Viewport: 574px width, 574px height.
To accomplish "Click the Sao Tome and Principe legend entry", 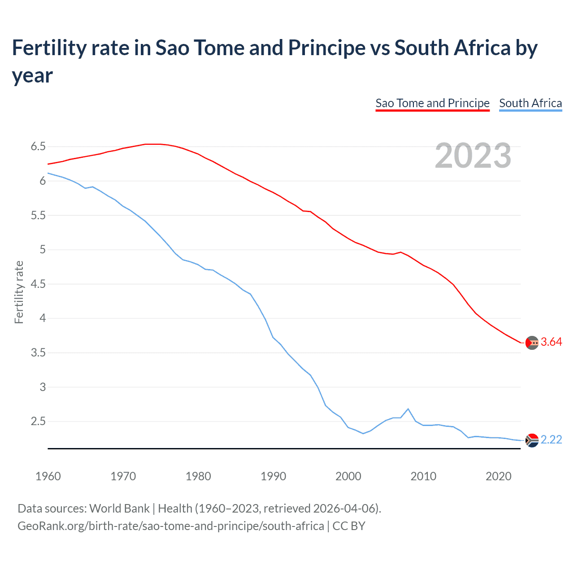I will [x=432, y=103].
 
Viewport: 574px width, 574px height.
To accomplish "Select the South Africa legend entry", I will [x=530, y=103].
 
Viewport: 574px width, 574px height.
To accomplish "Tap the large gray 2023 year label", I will [x=473, y=155].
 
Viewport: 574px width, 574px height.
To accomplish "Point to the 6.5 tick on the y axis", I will [x=38, y=147].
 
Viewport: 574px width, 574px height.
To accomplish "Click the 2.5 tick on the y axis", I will [x=38, y=422].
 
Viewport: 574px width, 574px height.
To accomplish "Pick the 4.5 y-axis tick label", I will [x=38, y=284].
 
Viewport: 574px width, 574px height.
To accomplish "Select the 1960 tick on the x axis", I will [x=48, y=476].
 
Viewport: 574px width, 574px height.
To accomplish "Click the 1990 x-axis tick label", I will [x=273, y=476].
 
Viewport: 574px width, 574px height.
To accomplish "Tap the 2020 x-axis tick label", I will [x=498, y=476].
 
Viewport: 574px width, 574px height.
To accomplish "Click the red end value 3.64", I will [x=551, y=342].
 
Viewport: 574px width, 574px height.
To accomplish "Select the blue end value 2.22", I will [x=551, y=440].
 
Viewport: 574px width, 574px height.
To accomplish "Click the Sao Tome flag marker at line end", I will [x=532, y=343].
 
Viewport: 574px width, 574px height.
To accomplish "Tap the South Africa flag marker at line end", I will [x=532, y=441].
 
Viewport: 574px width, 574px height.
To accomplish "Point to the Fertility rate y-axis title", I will [x=19, y=292].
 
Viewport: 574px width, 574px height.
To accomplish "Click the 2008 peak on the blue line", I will [x=408, y=409].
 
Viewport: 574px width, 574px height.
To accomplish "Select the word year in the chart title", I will [x=32, y=75].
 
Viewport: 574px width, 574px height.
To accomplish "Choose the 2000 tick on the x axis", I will [x=348, y=476].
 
